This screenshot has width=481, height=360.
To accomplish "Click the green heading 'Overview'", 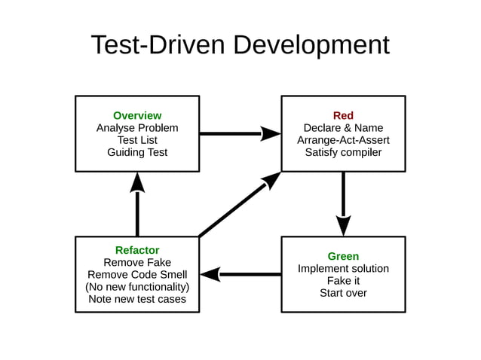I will tap(137, 115).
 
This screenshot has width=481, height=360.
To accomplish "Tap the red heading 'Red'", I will tap(343, 115).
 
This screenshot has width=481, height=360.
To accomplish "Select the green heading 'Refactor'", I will tap(137, 250).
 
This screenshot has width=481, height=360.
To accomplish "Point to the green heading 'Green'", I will tap(343, 256).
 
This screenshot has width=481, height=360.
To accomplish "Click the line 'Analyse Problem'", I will tap(137, 128).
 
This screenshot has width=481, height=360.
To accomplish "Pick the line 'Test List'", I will tap(137, 140).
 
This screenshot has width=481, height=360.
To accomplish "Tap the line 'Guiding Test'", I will tap(137, 152).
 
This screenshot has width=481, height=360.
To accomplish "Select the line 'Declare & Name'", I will tap(343, 128).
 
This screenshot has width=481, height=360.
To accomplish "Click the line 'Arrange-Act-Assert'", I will tap(343, 140).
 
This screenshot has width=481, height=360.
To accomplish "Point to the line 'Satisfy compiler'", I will tap(343, 152).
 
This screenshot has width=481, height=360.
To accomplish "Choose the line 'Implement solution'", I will tap(343, 269).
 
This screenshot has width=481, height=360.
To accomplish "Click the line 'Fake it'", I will tap(343, 281).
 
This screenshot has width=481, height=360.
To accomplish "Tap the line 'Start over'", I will tap(343, 293).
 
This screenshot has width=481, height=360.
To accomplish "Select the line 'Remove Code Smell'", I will tap(137, 275).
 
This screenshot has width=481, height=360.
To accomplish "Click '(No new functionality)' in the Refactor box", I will tap(137, 287).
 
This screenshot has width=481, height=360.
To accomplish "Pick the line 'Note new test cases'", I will tap(137, 299).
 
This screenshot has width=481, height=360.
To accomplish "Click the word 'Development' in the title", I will tap(311, 45).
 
